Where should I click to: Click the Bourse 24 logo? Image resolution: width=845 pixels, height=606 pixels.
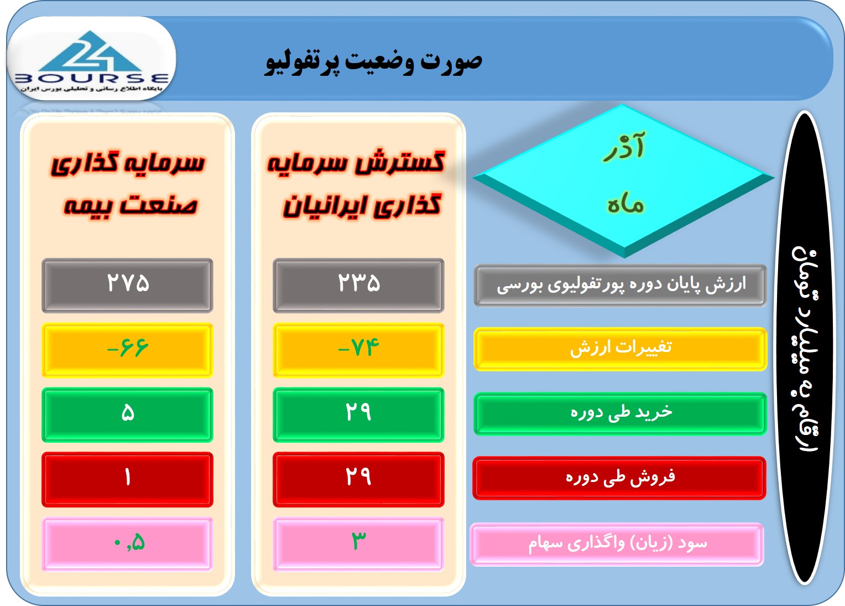[91, 60]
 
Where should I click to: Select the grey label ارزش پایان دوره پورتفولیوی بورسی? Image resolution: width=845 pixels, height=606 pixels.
[620, 286]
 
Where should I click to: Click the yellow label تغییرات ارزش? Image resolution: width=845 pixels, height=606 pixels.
[620, 349]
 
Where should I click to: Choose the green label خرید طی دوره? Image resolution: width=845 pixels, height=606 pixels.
[620, 414]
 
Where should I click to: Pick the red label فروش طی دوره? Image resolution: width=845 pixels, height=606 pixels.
[619, 478]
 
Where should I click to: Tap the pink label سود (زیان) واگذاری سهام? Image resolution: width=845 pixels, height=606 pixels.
[617, 544]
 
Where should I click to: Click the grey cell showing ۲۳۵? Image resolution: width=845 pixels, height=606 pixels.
[358, 286]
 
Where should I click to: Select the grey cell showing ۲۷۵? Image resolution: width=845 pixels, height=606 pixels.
[128, 286]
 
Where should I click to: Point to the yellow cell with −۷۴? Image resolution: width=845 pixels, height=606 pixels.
[358, 350]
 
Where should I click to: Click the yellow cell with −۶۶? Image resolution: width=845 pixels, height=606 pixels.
[128, 350]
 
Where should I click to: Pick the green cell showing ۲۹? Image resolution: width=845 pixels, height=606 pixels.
[358, 415]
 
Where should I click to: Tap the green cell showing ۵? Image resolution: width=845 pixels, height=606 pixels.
[128, 415]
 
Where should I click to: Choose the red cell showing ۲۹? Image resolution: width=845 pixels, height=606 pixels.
[358, 479]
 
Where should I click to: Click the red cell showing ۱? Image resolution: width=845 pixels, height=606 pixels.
[128, 479]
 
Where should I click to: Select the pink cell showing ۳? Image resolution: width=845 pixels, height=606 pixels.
[358, 544]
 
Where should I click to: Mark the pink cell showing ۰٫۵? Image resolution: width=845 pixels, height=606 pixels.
[128, 544]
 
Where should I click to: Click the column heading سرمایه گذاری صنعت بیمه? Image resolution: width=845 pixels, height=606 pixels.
[128, 184]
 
